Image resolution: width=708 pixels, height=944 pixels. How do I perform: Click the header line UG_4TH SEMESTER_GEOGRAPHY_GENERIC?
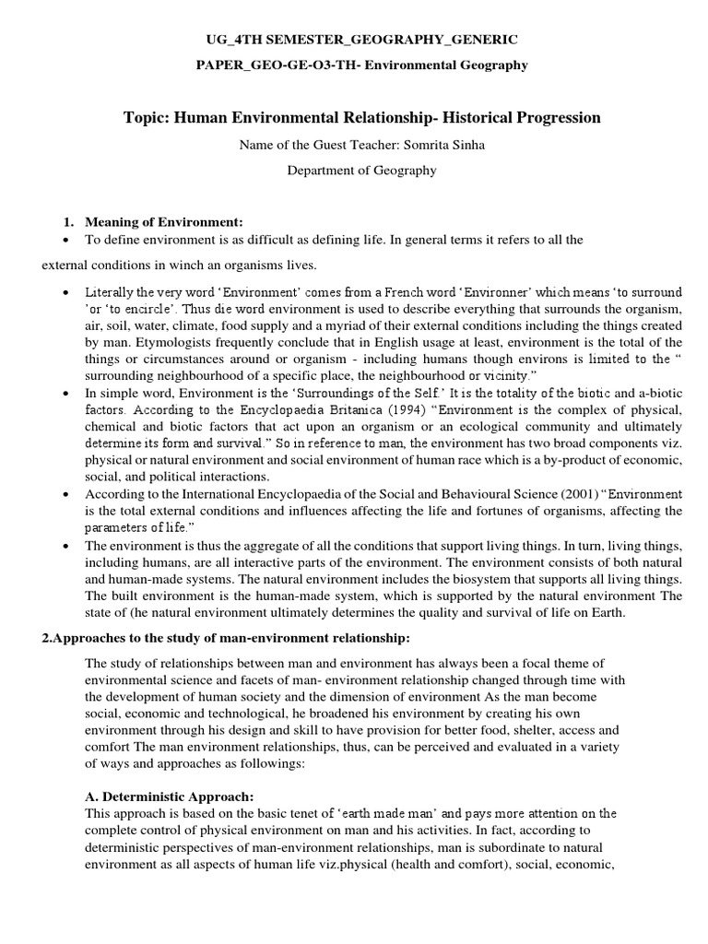[x=353, y=40]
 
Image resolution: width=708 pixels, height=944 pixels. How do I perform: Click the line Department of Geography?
[x=353, y=170]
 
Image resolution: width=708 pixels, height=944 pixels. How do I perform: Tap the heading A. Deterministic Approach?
[x=169, y=796]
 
